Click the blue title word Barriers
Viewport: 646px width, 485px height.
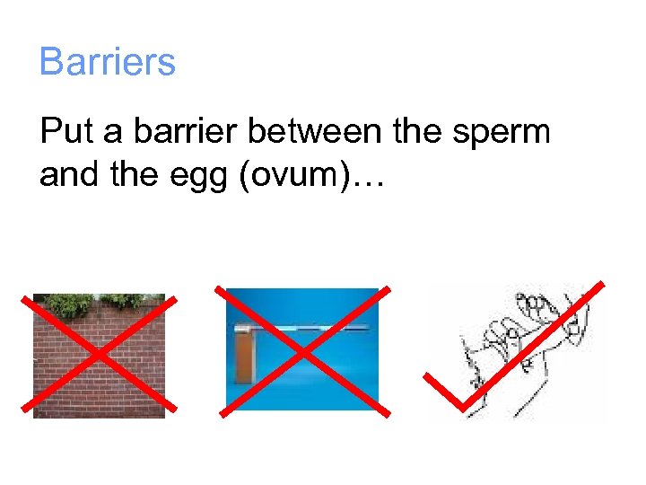[108, 62]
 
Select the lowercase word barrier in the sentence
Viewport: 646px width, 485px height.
[186, 132]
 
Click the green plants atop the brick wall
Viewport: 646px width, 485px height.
[99, 304]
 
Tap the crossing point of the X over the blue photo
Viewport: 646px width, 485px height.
[302, 352]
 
